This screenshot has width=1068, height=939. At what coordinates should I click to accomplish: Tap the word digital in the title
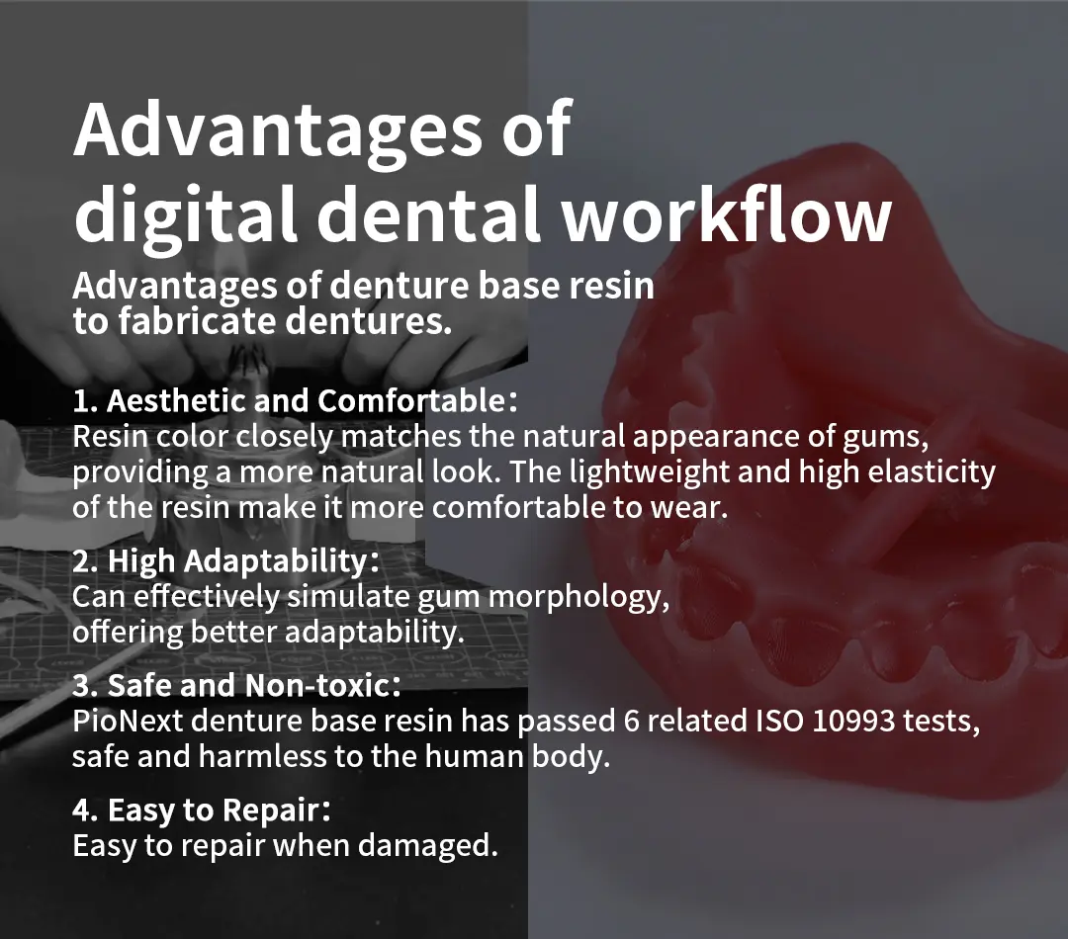click(185, 217)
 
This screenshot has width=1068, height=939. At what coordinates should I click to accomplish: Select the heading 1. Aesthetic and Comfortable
click(295, 400)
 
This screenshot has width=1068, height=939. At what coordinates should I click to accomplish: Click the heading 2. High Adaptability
click(225, 561)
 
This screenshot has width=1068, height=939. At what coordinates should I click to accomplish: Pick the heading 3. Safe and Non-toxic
click(236, 685)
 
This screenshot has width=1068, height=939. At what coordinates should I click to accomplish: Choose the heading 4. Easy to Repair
click(202, 811)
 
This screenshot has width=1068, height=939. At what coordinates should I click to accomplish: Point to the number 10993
click(853, 721)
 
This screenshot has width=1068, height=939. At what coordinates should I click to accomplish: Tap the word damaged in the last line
click(428, 846)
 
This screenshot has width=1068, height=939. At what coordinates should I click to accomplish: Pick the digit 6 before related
click(631, 721)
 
